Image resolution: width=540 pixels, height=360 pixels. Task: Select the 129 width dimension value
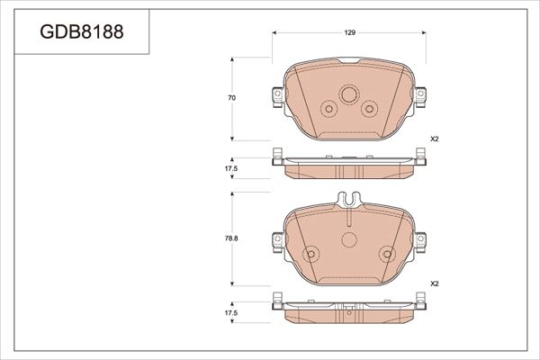click(x=349, y=32)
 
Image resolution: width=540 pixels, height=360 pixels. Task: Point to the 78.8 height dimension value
click(x=231, y=239)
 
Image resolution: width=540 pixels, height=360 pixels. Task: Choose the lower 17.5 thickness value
click(x=231, y=312)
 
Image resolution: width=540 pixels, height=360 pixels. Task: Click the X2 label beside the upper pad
click(x=433, y=139)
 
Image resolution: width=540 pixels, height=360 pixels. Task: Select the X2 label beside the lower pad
click(x=433, y=283)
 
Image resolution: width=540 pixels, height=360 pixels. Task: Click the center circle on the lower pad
click(x=348, y=240)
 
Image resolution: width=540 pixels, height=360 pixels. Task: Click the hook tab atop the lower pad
click(x=348, y=200)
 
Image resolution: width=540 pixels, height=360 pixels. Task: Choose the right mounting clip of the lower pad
click(x=421, y=240)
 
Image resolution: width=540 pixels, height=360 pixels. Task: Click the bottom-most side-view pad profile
click(x=348, y=310)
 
